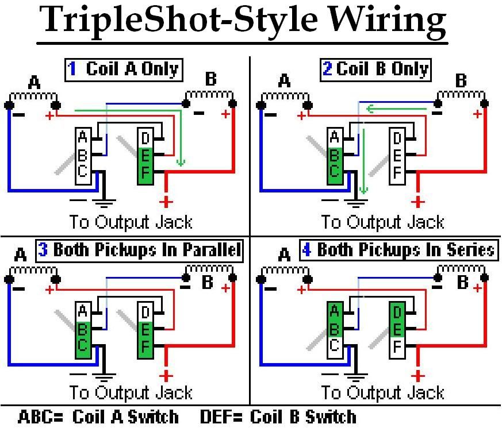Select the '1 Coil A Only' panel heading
pos(123,70)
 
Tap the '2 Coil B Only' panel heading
pos(375,70)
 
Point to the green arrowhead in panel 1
pos(181,163)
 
